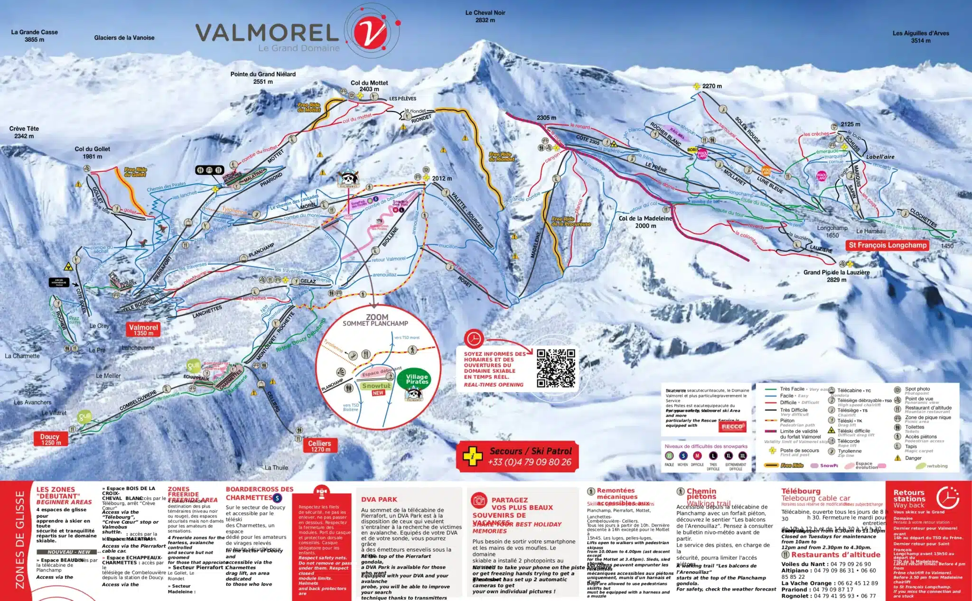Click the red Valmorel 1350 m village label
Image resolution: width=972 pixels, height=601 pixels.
pos(143,330)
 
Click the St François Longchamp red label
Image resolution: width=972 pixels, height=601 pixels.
pos(887,245)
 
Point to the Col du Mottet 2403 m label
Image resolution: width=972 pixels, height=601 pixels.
pos(369,86)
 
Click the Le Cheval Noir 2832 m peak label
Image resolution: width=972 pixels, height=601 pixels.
pos(485,16)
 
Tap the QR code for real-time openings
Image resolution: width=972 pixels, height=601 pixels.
pos(555,368)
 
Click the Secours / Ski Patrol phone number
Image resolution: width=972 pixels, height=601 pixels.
pos(529,462)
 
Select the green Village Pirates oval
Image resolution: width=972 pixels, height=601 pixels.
pos(417,379)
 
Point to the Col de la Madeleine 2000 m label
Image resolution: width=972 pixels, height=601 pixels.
pos(645,222)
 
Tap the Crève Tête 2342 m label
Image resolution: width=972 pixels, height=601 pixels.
pos(24,132)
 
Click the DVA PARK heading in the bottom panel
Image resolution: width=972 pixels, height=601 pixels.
pos(379,499)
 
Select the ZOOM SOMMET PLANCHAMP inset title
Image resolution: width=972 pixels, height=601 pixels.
pos(376,320)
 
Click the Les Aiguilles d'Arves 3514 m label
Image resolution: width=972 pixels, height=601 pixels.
pos(920,37)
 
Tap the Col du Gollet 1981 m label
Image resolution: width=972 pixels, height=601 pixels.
pos(92,152)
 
